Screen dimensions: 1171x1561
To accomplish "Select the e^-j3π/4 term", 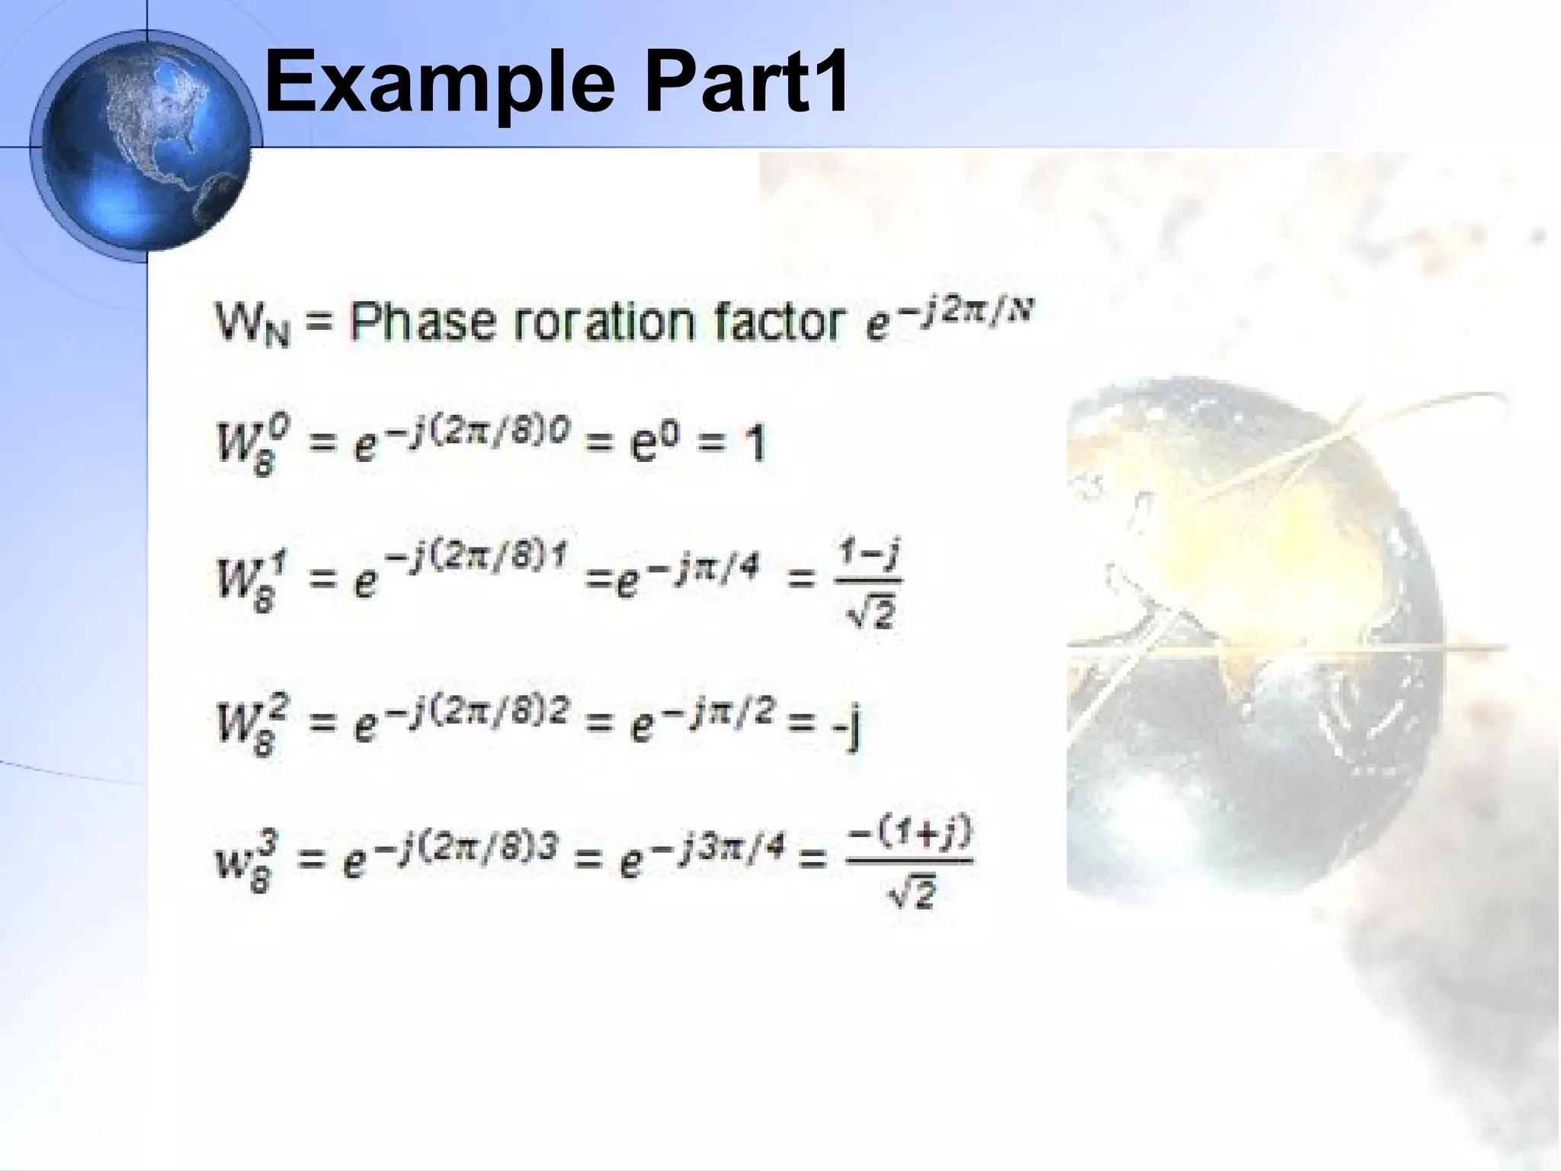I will (x=702, y=858).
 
